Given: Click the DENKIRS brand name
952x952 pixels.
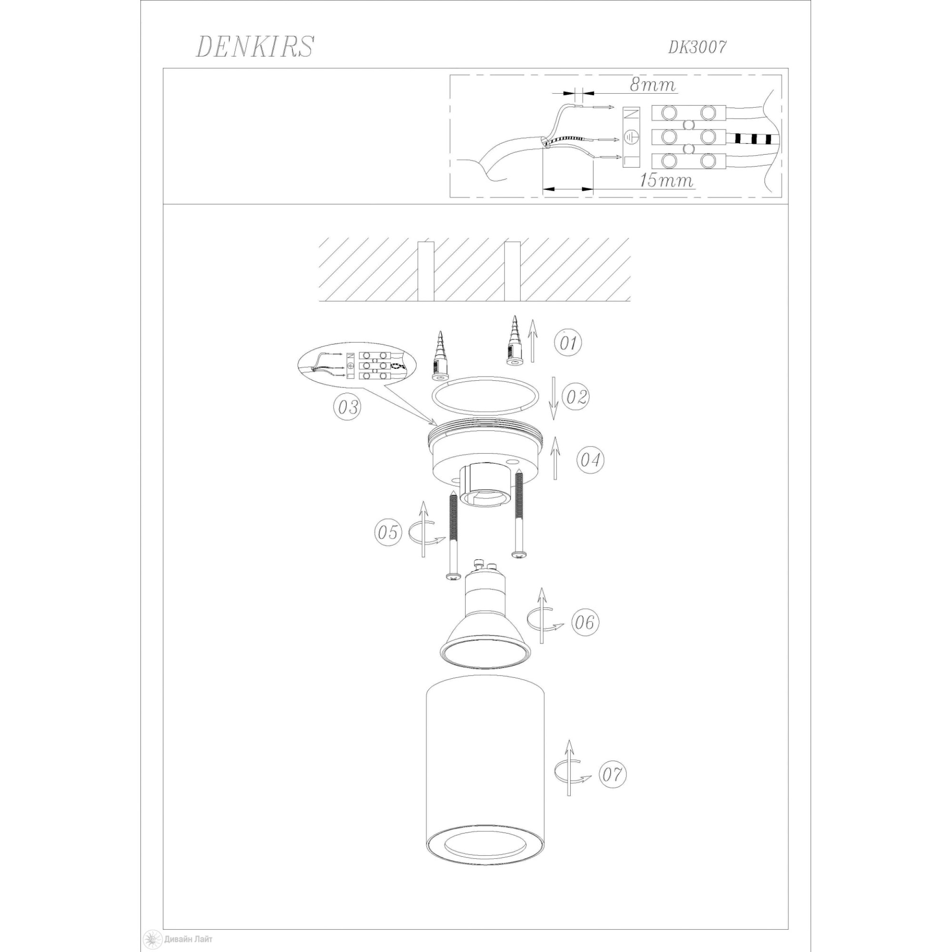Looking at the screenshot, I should [254, 47].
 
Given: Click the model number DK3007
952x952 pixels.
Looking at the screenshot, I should [697, 47].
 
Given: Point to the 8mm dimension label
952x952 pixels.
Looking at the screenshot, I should [653, 85].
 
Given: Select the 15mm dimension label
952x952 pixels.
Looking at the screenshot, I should [666, 181].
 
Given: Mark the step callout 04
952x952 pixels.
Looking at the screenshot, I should [590, 460].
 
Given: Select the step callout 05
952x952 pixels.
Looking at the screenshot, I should [388, 532].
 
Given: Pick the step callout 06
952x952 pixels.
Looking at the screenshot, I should [585, 622].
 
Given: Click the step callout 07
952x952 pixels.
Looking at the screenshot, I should [612, 774].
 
